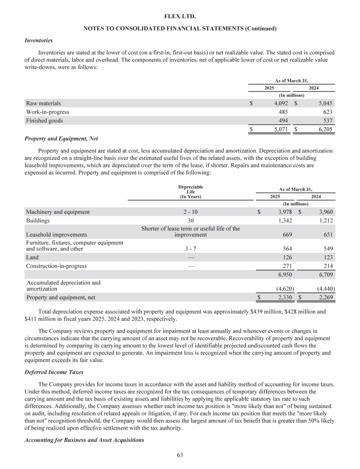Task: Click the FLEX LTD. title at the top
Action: click(180, 16)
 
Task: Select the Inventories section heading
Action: click(38, 40)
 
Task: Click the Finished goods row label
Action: click(45, 121)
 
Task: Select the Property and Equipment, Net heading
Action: click(58, 139)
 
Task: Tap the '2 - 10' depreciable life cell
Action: click(190, 212)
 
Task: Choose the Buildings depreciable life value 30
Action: click(190, 220)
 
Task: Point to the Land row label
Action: click(32, 257)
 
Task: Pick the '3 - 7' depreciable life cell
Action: click(190, 249)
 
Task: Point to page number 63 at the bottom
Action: click(180, 454)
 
